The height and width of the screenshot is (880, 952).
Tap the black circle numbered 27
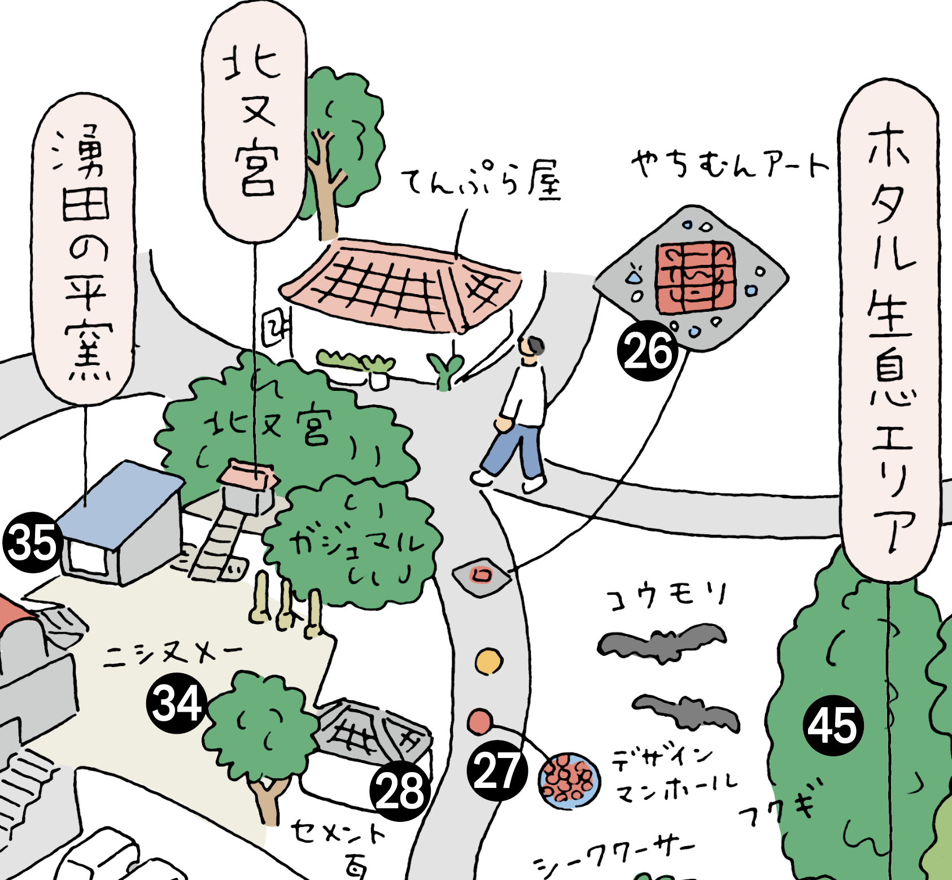496,771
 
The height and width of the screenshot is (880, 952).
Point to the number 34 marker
177,703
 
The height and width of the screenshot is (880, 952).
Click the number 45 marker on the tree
833,726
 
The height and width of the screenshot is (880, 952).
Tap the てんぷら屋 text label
480,182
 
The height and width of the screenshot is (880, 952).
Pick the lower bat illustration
686,713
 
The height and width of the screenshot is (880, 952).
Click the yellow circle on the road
488,661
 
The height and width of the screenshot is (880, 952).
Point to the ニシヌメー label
172,655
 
